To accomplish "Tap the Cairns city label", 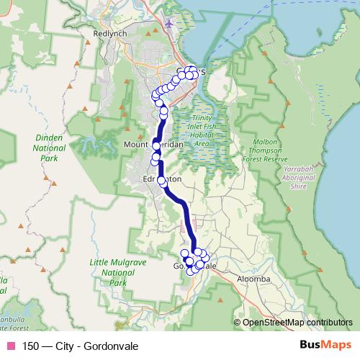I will coord(192,71).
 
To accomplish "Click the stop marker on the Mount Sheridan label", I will coord(156,145).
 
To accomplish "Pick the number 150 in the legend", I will coord(30,345).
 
